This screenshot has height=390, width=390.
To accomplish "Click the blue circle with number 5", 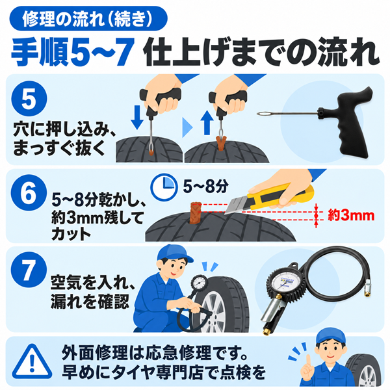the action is pyautogui.click(x=29, y=98).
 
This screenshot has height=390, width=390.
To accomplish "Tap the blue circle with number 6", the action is pyautogui.click(x=29, y=192).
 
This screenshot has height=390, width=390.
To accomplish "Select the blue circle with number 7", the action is pyautogui.click(x=29, y=270).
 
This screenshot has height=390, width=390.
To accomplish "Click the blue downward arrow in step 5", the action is pyautogui.click(x=137, y=118).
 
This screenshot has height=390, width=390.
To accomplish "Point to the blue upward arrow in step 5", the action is pyautogui.click(x=207, y=123).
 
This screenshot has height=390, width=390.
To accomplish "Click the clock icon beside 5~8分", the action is pyautogui.click(x=164, y=187).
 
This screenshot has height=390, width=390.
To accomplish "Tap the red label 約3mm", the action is pyautogui.click(x=351, y=215).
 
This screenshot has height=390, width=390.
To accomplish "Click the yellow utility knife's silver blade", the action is pyautogui.click(x=237, y=205).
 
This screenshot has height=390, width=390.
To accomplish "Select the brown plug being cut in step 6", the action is pyautogui.click(x=195, y=213).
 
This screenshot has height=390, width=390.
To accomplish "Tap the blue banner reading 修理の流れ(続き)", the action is pyautogui.click(x=88, y=18).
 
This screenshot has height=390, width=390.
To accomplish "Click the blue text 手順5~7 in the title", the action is pyautogui.click(x=72, y=51).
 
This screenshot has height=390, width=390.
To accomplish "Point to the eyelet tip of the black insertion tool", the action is pyautogui.click(x=261, y=114).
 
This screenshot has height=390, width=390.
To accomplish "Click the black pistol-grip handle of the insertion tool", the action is pyautogui.click(x=348, y=122).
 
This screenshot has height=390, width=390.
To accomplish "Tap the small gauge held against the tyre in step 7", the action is pyautogui.click(x=199, y=283).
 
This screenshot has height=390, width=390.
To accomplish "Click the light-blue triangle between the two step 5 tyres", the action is pyautogui.click(x=187, y=127).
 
